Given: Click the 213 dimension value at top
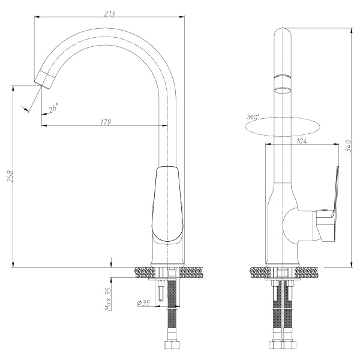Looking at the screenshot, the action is pos(109,14).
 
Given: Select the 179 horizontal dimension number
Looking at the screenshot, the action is pos(106,122).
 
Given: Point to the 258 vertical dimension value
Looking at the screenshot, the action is pos(10,176).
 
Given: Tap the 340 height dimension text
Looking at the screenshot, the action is pos(348,145).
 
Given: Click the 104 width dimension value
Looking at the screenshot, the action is pos(302,141).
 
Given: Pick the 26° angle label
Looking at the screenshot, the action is pos(54,107).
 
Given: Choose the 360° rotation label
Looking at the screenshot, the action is pos(253,117).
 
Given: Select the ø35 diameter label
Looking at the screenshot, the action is pos(143,303).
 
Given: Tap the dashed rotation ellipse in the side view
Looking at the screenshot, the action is pos(282,127).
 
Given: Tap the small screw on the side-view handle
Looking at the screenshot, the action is pos(324,209).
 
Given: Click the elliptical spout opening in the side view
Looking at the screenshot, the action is pos(283,90).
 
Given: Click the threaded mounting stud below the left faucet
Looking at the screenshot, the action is pos(161,290).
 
